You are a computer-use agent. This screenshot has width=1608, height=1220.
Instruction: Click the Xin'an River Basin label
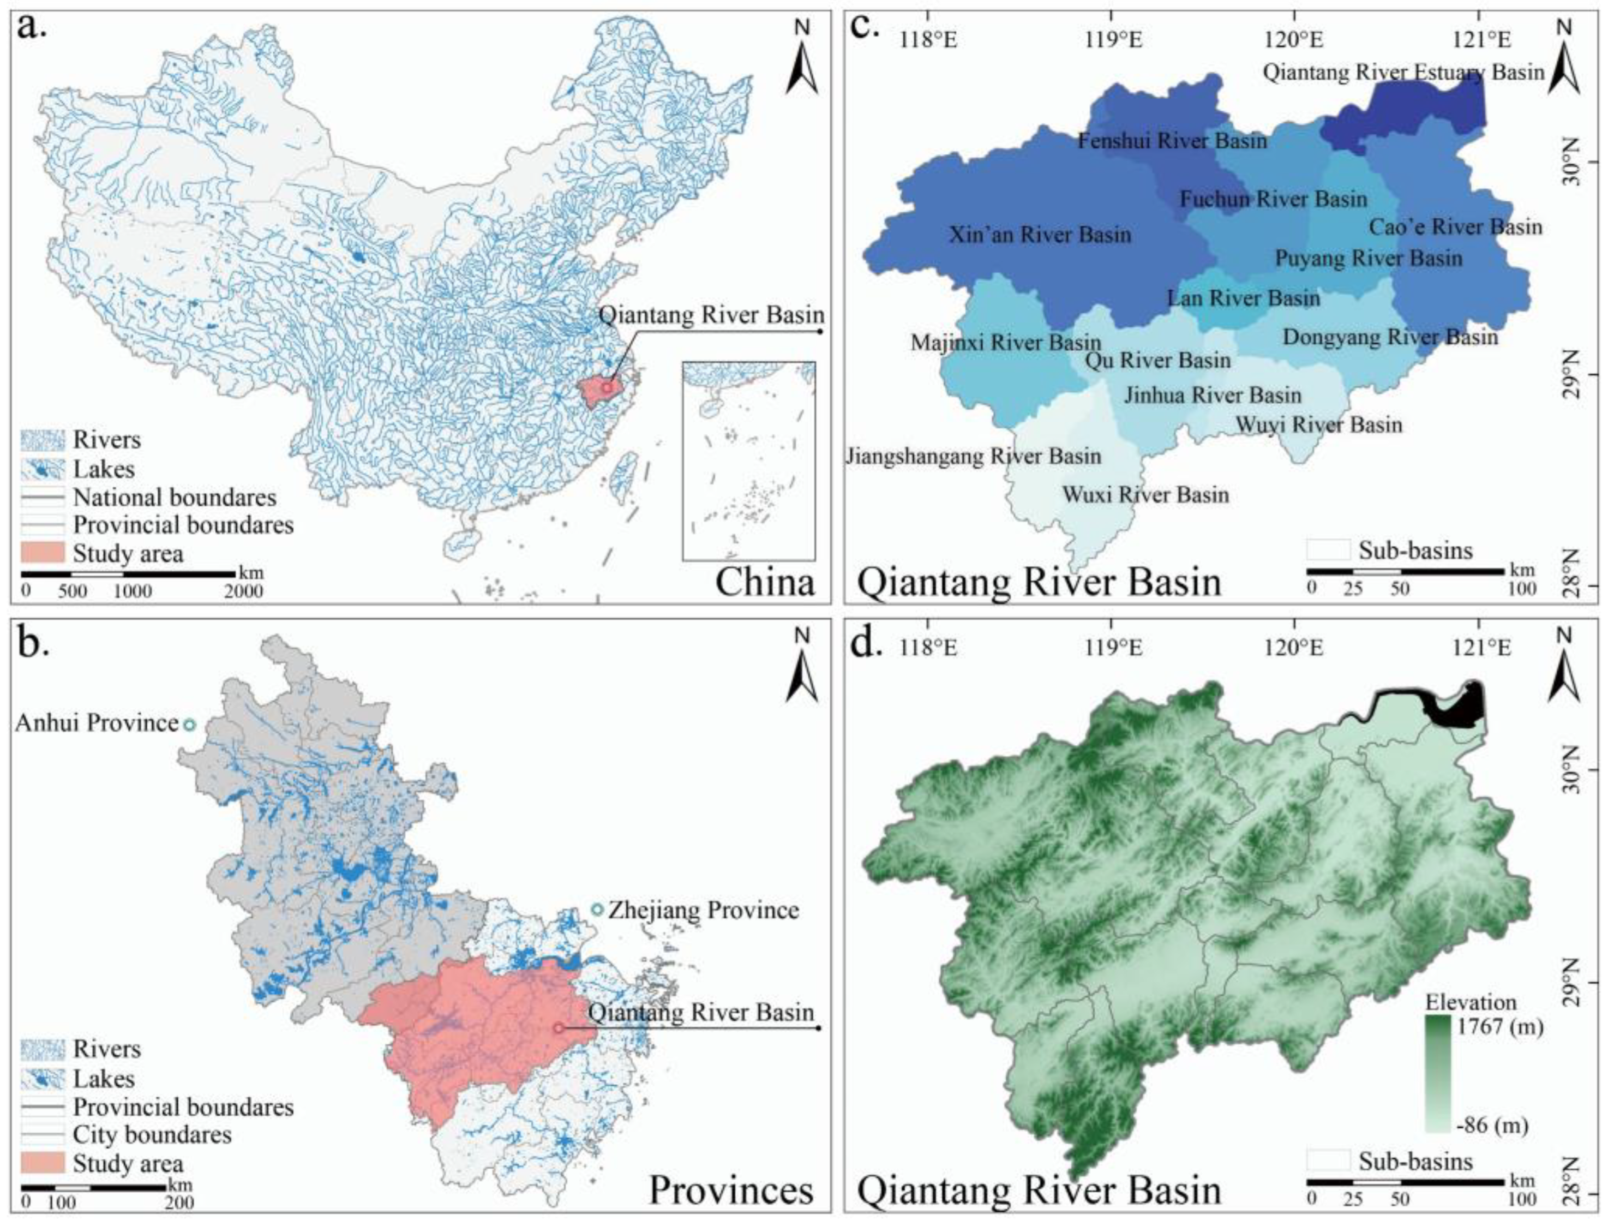(1040, 235)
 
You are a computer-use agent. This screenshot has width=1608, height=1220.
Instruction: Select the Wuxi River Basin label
(1145, 495)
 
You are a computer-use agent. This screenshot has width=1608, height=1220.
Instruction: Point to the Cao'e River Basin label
(1455, 227)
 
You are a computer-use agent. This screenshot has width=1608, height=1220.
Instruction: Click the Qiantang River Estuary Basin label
(1403, 73)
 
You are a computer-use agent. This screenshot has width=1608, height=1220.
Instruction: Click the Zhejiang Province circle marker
(597, 910)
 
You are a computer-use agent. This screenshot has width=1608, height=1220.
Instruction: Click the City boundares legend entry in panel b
(152, 1134)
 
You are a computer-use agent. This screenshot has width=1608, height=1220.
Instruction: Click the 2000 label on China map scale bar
(243, 591)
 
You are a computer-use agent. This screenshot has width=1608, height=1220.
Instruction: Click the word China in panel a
(764, 583)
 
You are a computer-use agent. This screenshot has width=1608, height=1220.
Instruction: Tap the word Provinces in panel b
(730, 1191)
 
